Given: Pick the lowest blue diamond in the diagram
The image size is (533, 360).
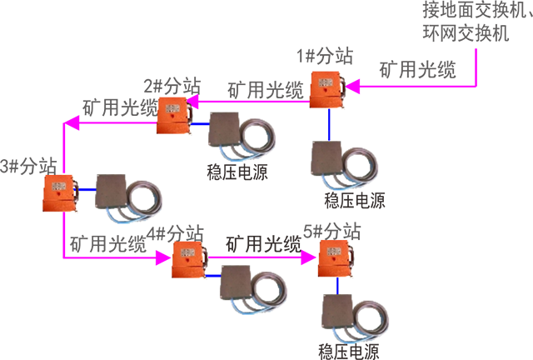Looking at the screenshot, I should click(x=336, y=287).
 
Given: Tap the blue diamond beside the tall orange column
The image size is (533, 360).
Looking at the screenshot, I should click(x=214, y=275).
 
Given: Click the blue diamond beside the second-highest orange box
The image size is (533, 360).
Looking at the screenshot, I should click(x=200, y=124).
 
